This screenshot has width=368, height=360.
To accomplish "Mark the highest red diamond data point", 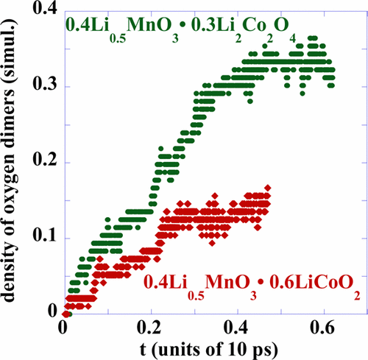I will tap(267, 188).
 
